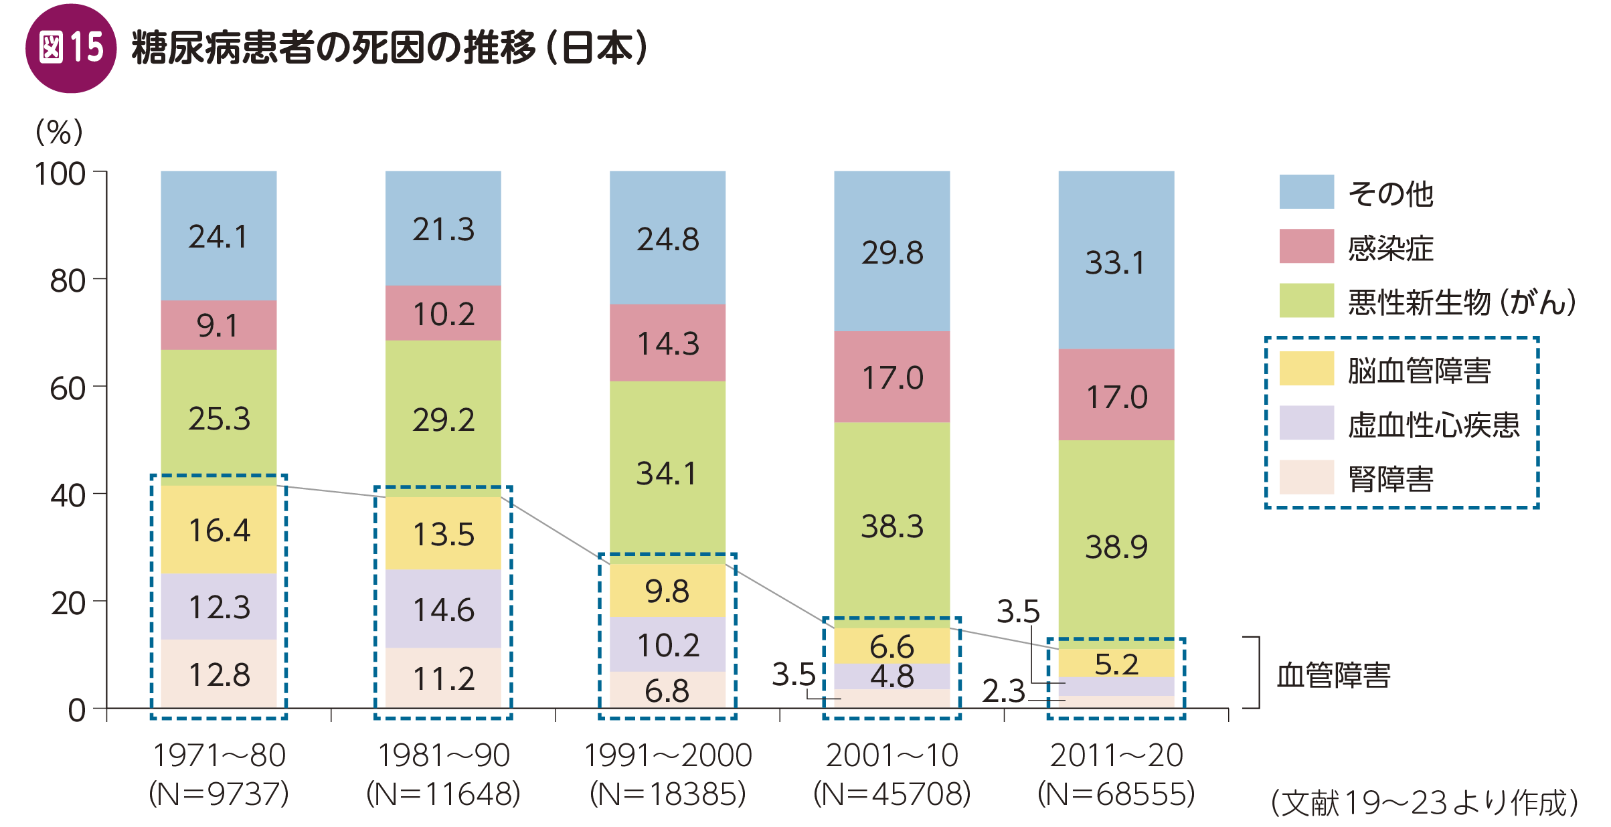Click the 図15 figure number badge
(71, 48)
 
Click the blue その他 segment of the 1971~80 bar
(218, 236)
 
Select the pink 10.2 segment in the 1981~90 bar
(443, 313)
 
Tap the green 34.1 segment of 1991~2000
(667, 472)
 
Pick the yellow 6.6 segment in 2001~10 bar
(892, 646)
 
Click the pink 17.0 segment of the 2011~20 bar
(1116, 395)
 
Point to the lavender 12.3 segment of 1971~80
(218, 606)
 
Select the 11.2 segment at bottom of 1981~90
(443, 678)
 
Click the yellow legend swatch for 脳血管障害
(1306, 369)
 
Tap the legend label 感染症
(1390, 248)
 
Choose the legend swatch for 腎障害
(1306, 477)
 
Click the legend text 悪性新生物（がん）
(1461, 302)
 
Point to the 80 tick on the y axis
(68, 280)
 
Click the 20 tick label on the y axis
(68, 603)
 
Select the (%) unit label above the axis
(60, 132)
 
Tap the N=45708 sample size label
(892, 794)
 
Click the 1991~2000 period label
(667, 755)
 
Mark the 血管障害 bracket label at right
(1333, 674)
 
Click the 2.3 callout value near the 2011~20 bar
(1003, 691)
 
